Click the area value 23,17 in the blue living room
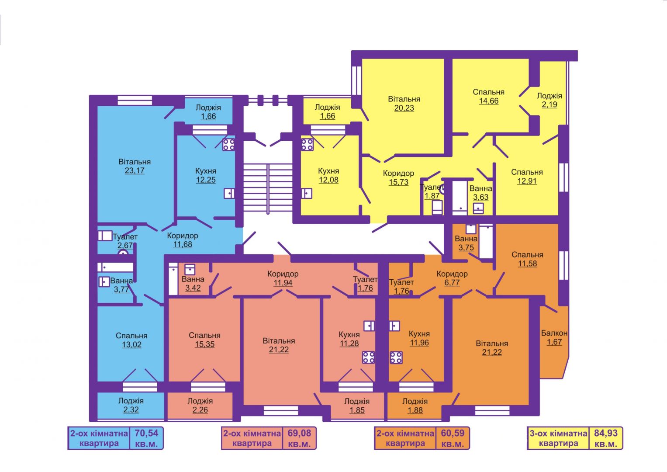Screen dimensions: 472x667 pyautogui.click(x=135, y=171)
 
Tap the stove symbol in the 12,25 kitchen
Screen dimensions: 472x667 pyautogui.click(x=228, y=145)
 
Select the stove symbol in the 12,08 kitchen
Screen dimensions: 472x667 pyautogui.click(x=307, y=145)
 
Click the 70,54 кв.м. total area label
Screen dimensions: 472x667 pyautogui.click(x=147, y=438)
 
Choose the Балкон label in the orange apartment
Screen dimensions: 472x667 pyautogui.click(x=554, y=333)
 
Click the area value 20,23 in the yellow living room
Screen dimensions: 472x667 pyautogui.click(x=404, y=108)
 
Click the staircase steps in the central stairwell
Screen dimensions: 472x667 pyautogui.click(x=268, y=188)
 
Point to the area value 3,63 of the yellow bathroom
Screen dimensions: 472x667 pyautogui.click(x=480, y=198)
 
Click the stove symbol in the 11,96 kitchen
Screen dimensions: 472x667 pyautogui.click(x=396, y=357)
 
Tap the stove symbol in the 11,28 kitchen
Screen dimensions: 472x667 pyautogui.click(x=369, y=357)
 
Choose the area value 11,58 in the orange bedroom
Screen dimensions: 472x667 pyautogui.click(x=527, y=264)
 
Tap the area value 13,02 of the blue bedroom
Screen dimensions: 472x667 pyautogui.click(x=131, y=345)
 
